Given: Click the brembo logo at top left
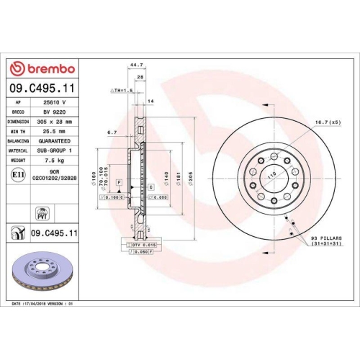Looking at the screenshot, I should [x=44, y=68].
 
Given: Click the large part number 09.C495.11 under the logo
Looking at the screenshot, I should [x=44, y=89].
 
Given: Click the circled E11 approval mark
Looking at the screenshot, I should [x=17, y=174].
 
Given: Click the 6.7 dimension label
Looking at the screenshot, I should [x=112, y=132].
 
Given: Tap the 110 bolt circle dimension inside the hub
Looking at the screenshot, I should [x=272, y=175].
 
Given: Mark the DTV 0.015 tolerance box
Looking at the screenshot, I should [x=144, y=246].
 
